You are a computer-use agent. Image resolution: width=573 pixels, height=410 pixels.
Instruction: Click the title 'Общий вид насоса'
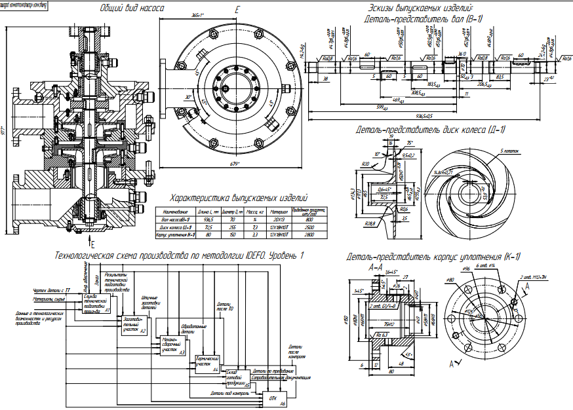pos(132,9)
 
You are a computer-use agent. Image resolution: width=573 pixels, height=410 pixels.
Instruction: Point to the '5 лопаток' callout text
pos(509,151)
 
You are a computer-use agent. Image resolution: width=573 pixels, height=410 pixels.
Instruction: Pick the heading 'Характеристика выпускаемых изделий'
pos(239,198)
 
